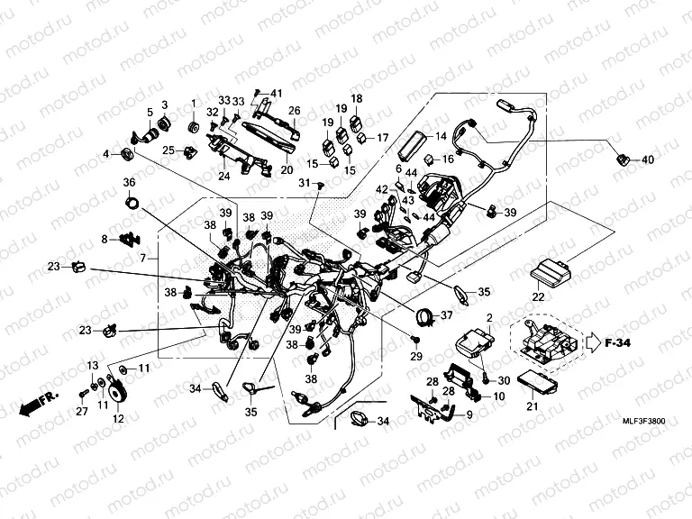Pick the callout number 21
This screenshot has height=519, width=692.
coord(531,406)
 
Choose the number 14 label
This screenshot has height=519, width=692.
coord(442,137)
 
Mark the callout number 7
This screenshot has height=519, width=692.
coord(141,259)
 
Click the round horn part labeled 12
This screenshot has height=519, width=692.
coord(122,394)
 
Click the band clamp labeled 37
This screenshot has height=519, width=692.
coord(423,315)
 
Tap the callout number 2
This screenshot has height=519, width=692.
coord(489,318)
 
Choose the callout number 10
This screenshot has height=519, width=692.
coord(498,396)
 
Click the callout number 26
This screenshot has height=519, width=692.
coord(294,112)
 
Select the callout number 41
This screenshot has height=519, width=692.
coord(277,94)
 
